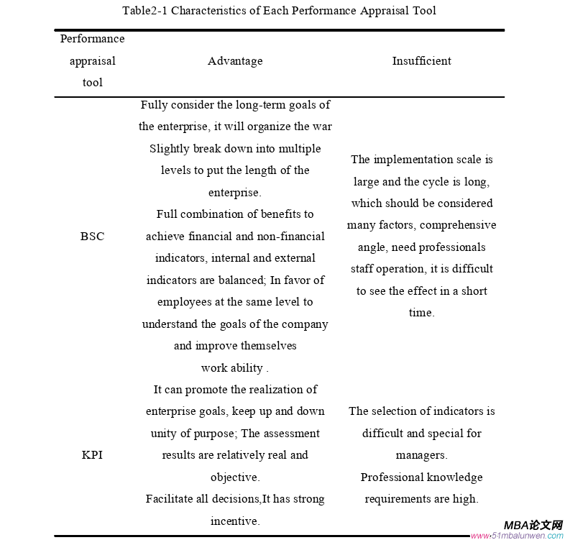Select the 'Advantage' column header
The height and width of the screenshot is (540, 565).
tap(235, 61)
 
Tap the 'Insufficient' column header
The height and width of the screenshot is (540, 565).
tap(421, 61)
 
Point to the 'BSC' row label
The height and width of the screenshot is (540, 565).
tap(92, 236)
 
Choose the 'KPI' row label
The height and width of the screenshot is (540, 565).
tap(92, 455)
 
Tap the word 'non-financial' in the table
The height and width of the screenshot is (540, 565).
tap(289, 236)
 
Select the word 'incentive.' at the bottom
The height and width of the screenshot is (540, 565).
tap(235, 521)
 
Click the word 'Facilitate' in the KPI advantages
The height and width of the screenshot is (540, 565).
tap(171, 499)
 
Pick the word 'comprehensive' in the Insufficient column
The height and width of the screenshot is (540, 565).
tap(458, 225)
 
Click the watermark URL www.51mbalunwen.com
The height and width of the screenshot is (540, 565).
tap(517, 536)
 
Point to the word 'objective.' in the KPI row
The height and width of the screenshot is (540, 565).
tap(235, 477)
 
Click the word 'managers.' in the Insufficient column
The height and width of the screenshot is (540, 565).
tap(421, 455)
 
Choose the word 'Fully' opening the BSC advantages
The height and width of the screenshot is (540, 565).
tap(153, 105)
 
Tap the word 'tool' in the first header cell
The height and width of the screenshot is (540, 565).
tap(92, 83)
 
